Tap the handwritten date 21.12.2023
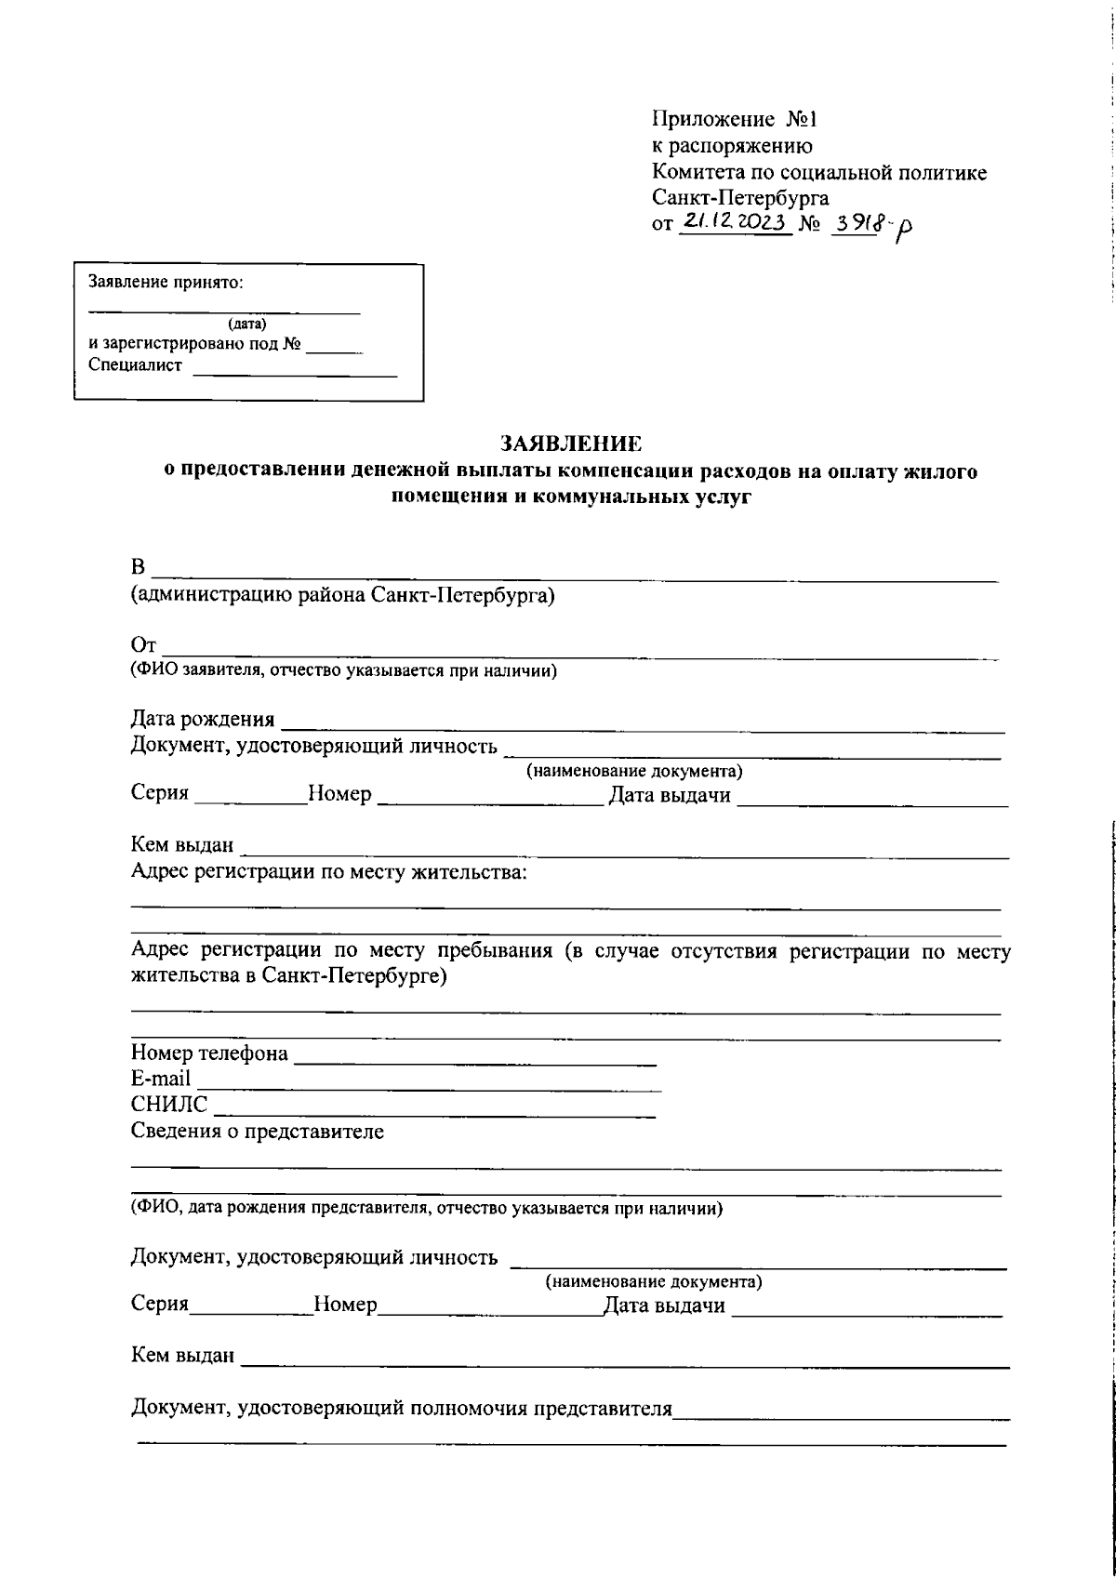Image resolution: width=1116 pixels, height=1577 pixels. (x=735, y=223)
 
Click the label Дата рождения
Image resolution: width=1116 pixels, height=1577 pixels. (x=203, y=719)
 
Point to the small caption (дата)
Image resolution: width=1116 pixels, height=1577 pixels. (x=246, y=324)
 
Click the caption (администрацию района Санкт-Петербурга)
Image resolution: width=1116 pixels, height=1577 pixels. (x=342, y=595)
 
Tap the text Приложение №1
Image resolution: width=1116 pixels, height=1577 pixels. (x=733, y=119)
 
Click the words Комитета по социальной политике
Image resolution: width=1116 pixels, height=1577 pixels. (x=818, y=172)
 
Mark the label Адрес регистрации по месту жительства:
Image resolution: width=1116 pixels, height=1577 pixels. (x=329, y=871)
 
